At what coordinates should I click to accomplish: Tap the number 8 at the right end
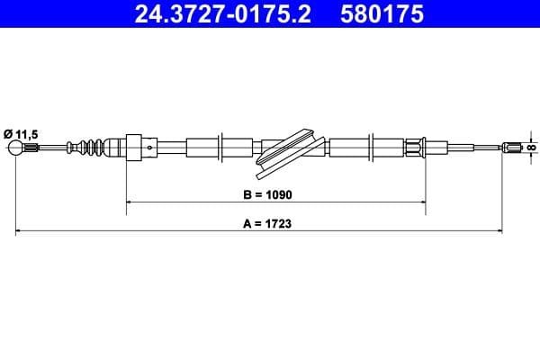pos(532,147)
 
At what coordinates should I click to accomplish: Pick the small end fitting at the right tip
pos(511,147)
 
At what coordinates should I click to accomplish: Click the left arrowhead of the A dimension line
pos(20,232)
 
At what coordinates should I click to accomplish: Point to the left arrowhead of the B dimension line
pos(129,203)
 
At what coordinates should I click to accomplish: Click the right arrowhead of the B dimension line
pos(422,203)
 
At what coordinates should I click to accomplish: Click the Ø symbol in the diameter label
pos(8,131)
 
